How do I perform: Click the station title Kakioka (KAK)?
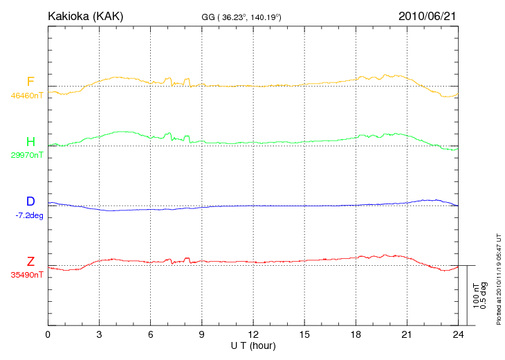click(86, 16)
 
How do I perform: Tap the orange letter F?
click(30, 82)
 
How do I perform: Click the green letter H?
click(30, 142)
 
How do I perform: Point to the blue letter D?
click(30, 201)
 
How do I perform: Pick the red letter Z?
click(30, 261)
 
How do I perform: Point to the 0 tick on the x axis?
click(48, 334)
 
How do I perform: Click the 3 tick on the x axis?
click(99, 334)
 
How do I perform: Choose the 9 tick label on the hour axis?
click(202, 334)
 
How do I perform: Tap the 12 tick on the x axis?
click(253, 334)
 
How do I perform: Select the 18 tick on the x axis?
click(356, 334)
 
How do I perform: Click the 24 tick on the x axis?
click(458, 334)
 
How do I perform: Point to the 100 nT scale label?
click(477, 296)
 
